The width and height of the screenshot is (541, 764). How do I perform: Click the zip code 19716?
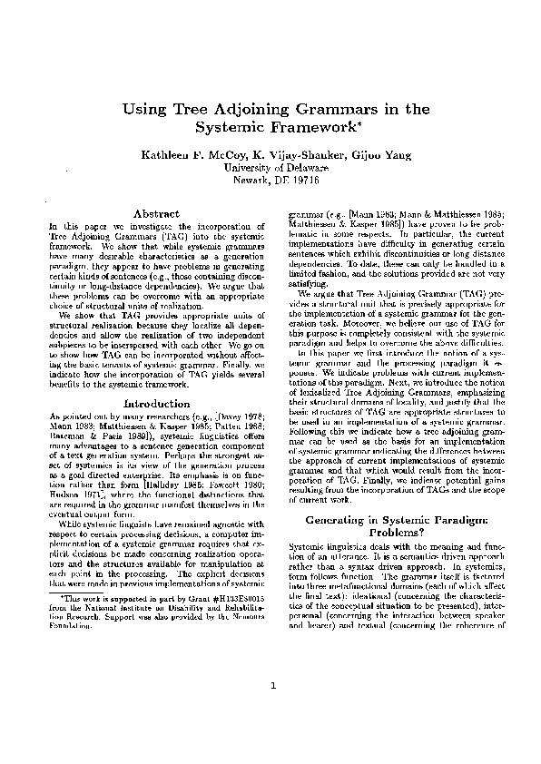[x=307, y=181]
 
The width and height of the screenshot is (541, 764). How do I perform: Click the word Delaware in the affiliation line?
[x=304, y=168]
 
